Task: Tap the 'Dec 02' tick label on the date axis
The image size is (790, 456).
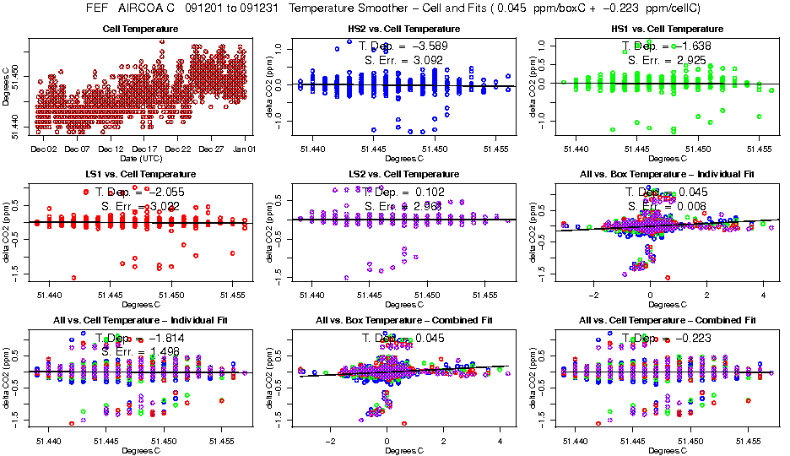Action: pyautogui.click(x=43, y=149)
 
